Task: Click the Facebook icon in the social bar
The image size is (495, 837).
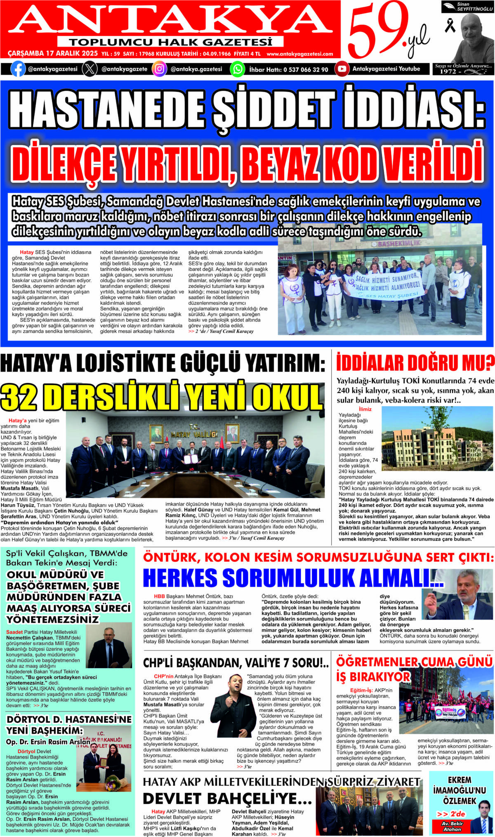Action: tap(18, 69)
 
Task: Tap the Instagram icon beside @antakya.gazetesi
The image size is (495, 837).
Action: tap(159, 69)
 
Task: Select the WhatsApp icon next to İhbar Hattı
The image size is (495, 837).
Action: tap(237, 69)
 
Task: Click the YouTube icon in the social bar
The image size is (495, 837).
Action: tap(342, 69)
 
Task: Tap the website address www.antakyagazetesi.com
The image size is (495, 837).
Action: tap(300, 54)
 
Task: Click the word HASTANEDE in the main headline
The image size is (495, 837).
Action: tap(106, 111)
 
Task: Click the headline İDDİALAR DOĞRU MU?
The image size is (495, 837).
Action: tap(415, 364)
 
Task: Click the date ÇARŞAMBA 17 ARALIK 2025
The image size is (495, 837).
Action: tap(53, 54)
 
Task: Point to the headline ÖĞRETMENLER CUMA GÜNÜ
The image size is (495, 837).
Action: tap(414, 662)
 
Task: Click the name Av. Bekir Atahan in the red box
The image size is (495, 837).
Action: tap(452, 826)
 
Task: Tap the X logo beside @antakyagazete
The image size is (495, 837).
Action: tap(90, 69)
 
